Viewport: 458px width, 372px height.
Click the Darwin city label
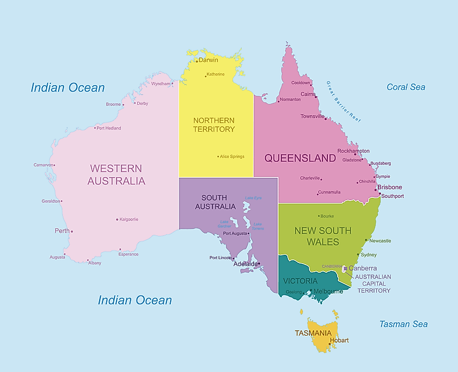point(208,60)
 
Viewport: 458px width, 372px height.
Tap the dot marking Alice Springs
point(218,157)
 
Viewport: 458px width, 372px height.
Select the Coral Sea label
point(406,87)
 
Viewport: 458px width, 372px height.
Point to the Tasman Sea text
point(403,324)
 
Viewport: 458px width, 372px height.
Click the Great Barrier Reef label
point(344,101)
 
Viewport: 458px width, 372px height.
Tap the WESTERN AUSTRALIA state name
point(117,175)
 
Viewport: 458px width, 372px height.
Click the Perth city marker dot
point(72,232)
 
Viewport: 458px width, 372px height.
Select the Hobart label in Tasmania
point(339,340)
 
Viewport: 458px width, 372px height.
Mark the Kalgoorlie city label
point(129,220)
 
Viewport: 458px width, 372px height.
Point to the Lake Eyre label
point(253,198)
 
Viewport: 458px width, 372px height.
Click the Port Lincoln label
point(220,258)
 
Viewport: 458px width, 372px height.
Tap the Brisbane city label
point(390,187)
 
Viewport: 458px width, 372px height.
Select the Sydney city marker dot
point(358,254)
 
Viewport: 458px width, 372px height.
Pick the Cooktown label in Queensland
point(300,83)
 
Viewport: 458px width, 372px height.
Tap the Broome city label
point(113,104)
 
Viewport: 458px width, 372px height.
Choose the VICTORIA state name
point(300,281)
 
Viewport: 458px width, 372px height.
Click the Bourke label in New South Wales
point(327,216)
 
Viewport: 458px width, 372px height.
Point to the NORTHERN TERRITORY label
point(214,125)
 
